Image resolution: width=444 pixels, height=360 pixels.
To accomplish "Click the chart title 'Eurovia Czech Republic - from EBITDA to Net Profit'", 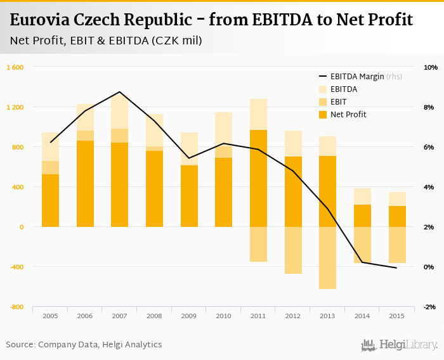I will coord(212,20).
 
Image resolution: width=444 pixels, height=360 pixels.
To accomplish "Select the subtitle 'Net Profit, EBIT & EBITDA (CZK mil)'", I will coord(106,41).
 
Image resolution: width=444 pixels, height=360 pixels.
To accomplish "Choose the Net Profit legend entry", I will coord(348,115).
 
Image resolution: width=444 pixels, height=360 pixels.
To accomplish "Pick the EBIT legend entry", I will coord(339,102).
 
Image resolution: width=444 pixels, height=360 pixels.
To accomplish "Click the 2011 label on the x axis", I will coord(258,316).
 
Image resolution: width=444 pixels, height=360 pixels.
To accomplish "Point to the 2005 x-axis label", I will coord(51,316).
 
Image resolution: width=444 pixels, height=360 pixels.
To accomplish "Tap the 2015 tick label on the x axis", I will coord(396,316).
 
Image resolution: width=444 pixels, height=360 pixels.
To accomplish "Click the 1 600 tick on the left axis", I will coord(15,67).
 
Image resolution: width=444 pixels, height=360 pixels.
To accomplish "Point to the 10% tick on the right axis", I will coord(430,67).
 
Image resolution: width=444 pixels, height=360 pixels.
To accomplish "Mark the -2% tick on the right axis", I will coord(430,307).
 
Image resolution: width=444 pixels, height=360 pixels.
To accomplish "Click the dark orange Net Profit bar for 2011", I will coord(258,178).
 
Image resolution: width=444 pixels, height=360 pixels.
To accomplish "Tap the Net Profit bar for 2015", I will coord(396,216).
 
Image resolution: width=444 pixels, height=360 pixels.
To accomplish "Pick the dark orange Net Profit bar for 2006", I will coord(85,184).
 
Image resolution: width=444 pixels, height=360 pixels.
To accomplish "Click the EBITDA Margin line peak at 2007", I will coord(120,92).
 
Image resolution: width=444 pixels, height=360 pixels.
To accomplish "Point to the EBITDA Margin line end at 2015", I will coord(396,268).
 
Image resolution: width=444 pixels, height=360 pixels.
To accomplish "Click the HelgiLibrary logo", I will coord(399,345).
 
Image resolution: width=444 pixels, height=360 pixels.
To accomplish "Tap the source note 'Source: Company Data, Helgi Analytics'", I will coord(84,345).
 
